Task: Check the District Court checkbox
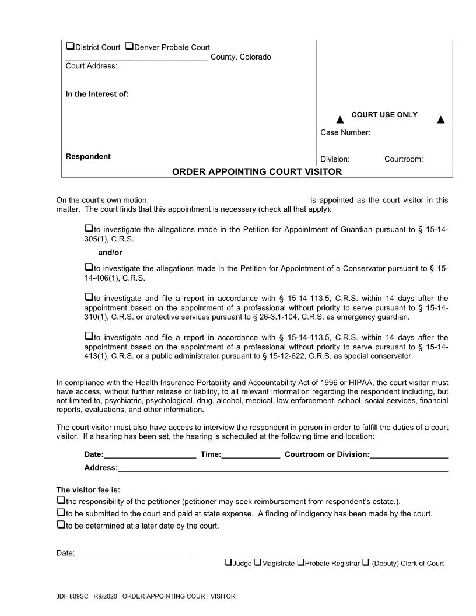(x=70, y=47)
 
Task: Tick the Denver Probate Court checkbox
(x=129, y=47)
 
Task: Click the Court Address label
(x=92, y=66)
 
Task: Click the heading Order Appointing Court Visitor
(x=257, y=171)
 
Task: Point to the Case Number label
(x=345, y=132)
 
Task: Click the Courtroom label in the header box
(x=403, y=159)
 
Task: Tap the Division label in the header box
(x=335, y=159)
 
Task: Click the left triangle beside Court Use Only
(x=339, y=120)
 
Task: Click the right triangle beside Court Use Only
(x=440, y=120)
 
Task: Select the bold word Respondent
(x=88, y=156)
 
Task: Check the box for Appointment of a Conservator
(x=89, y=267)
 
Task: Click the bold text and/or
(x=110, y=253)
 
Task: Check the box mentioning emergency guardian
(x=89, y=297)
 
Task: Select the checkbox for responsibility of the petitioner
(x=61, y=501)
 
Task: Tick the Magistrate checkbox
(x=258, y=563)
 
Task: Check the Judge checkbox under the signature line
(x=228, y=563)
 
